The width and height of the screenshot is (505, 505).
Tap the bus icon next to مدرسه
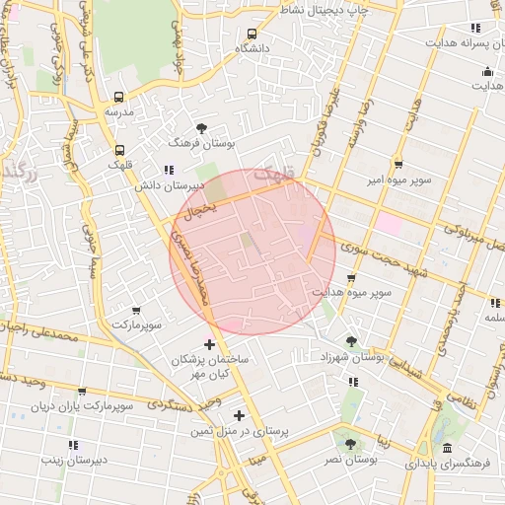(119, 98)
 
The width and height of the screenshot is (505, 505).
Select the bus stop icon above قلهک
(119, 151)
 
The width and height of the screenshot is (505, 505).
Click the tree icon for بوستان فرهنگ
(202, 128)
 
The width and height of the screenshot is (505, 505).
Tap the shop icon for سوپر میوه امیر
(397, 165)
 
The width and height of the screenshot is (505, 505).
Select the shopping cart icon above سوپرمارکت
(135, 311)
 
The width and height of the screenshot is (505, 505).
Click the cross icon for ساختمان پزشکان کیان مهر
(208, 344)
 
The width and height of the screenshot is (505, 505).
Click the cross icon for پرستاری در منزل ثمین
(239, 415)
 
